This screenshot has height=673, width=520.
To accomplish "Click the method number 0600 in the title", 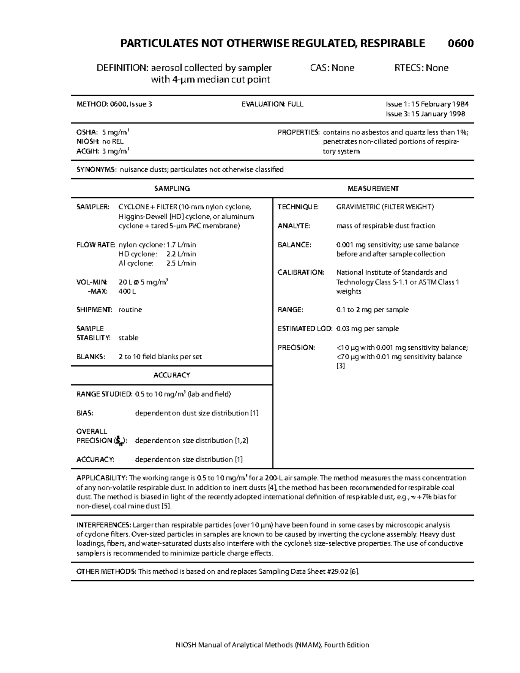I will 460,43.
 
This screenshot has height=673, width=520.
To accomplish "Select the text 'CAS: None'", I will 332,68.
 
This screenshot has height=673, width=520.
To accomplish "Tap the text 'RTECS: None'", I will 421,68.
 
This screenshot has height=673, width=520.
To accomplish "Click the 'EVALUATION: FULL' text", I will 272,104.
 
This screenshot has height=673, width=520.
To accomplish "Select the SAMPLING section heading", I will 172,189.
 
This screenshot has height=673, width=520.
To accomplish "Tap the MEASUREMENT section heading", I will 373,189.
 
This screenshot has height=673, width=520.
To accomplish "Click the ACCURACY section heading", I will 172,375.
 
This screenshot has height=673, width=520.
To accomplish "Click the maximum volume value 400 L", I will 127,292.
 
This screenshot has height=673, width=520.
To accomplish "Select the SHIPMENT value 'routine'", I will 130,310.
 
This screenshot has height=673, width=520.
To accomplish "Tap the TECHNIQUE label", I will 298,207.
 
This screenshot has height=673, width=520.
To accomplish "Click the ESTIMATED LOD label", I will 305,329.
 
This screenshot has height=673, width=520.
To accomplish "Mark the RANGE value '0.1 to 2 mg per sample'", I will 372,310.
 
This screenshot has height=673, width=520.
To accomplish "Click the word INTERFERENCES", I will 103,525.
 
